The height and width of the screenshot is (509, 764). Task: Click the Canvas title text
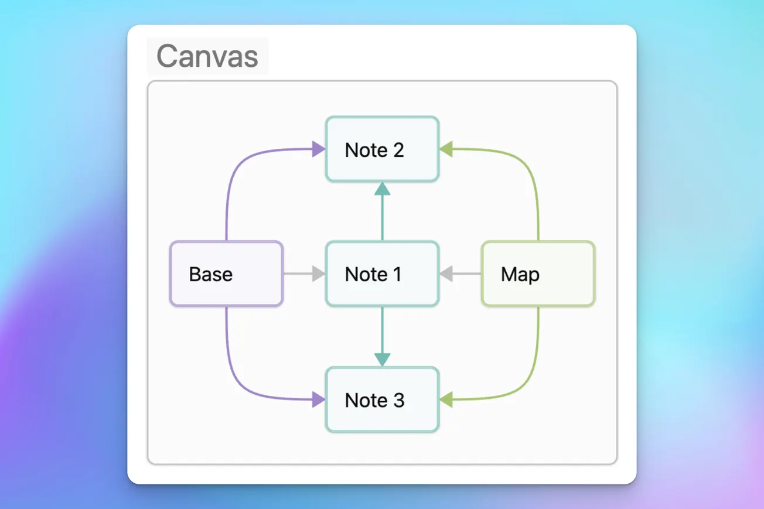pos(207,56)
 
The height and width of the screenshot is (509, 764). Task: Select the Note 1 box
pos(382,274)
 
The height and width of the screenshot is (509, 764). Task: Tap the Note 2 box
pos(382,149)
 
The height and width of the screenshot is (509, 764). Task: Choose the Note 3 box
pos(382,399)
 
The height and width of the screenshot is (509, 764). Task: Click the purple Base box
pos(226,274)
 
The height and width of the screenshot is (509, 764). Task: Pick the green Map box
pos(538,274)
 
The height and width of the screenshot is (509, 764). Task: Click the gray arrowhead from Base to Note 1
pos(318,274)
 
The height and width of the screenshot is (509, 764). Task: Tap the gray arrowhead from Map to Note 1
pos(446,274)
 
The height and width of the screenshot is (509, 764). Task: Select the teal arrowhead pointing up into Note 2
pos(382,189)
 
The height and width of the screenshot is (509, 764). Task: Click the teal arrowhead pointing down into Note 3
pos(382,359)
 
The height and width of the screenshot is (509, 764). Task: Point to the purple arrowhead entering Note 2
pos(318,149)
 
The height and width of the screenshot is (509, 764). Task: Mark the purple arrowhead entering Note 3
pos(318,399)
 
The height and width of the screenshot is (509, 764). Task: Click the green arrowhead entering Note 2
pos(446,149)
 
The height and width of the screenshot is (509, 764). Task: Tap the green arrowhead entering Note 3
pos(446,399)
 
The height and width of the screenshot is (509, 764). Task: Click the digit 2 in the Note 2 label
pos(398,150)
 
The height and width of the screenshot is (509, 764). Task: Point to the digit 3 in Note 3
pos(398,400)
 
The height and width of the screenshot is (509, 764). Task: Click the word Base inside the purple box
pos(210,274)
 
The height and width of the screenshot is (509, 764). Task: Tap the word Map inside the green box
pos(520,274)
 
